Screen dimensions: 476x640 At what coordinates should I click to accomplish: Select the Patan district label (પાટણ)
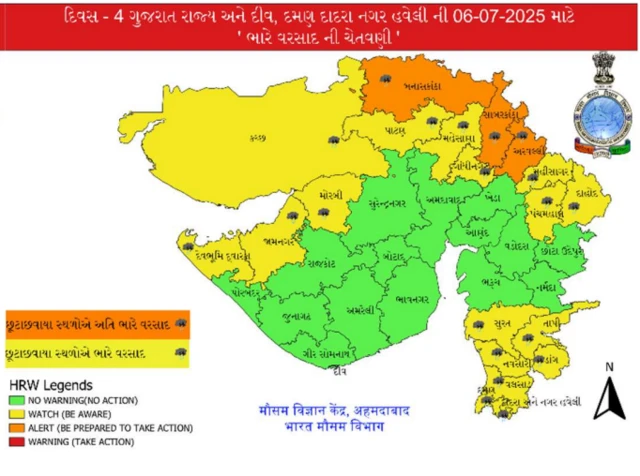point(397,131)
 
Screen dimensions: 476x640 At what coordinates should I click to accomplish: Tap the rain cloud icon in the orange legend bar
point(180,324)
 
